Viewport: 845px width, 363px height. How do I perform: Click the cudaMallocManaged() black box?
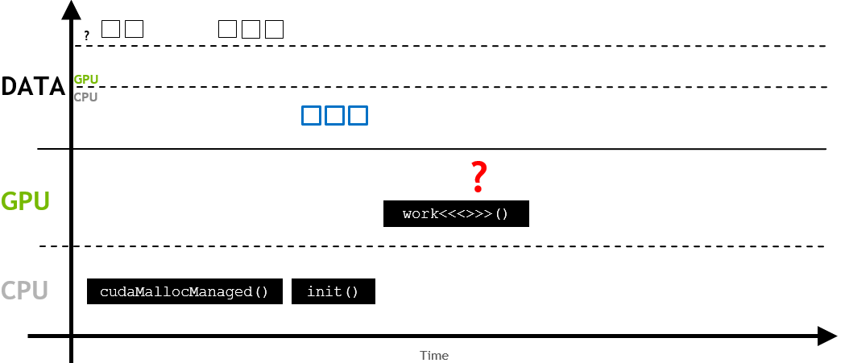click(184, 291)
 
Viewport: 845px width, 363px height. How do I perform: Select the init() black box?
click(333, 291)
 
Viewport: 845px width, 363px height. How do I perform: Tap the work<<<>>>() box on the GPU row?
click(456, 214)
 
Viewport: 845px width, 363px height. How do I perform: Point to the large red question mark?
click(479, 177)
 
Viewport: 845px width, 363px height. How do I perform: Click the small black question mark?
click(86, 35)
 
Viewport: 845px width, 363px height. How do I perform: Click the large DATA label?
click(33, 86)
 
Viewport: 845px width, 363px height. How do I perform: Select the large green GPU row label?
click(26, 200)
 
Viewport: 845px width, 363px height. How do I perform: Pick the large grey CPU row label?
click(24, 291)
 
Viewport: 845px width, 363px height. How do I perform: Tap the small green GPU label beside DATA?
click(85, 80)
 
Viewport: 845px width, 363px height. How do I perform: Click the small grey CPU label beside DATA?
click(85, 97)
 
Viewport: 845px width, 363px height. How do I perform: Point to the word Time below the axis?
click(433, 355)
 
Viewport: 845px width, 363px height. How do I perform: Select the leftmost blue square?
click(311, 115)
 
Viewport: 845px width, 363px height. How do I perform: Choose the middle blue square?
click(334, 115)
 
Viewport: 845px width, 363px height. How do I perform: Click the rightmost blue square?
click(358, 115)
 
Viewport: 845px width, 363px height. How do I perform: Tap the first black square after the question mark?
click(110, 29)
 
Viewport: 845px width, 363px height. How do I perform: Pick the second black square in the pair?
click(134, 29)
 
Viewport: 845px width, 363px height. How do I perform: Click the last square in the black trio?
click(275, 29)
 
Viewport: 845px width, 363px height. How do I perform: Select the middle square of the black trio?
click(251, 29)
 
